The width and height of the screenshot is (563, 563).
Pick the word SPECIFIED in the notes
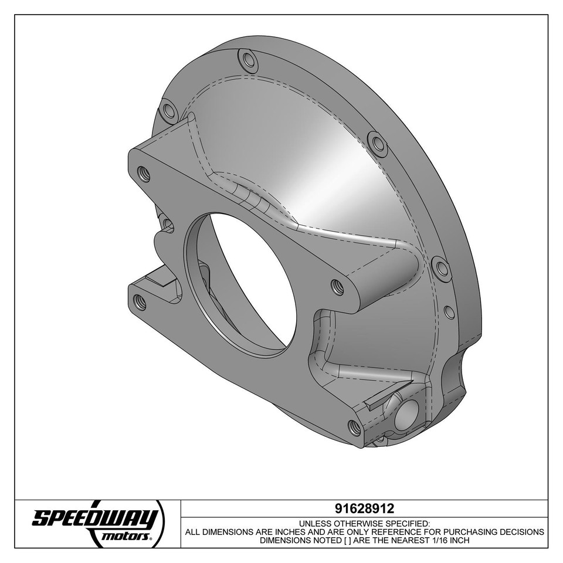tap(407, 524)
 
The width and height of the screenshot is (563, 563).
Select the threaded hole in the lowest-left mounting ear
tap(140, 302)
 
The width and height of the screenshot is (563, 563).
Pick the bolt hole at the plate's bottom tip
tap(354, 427)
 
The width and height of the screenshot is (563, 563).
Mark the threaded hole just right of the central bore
tap(337, 287)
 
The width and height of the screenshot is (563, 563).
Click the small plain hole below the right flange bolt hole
tap(449, 312)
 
